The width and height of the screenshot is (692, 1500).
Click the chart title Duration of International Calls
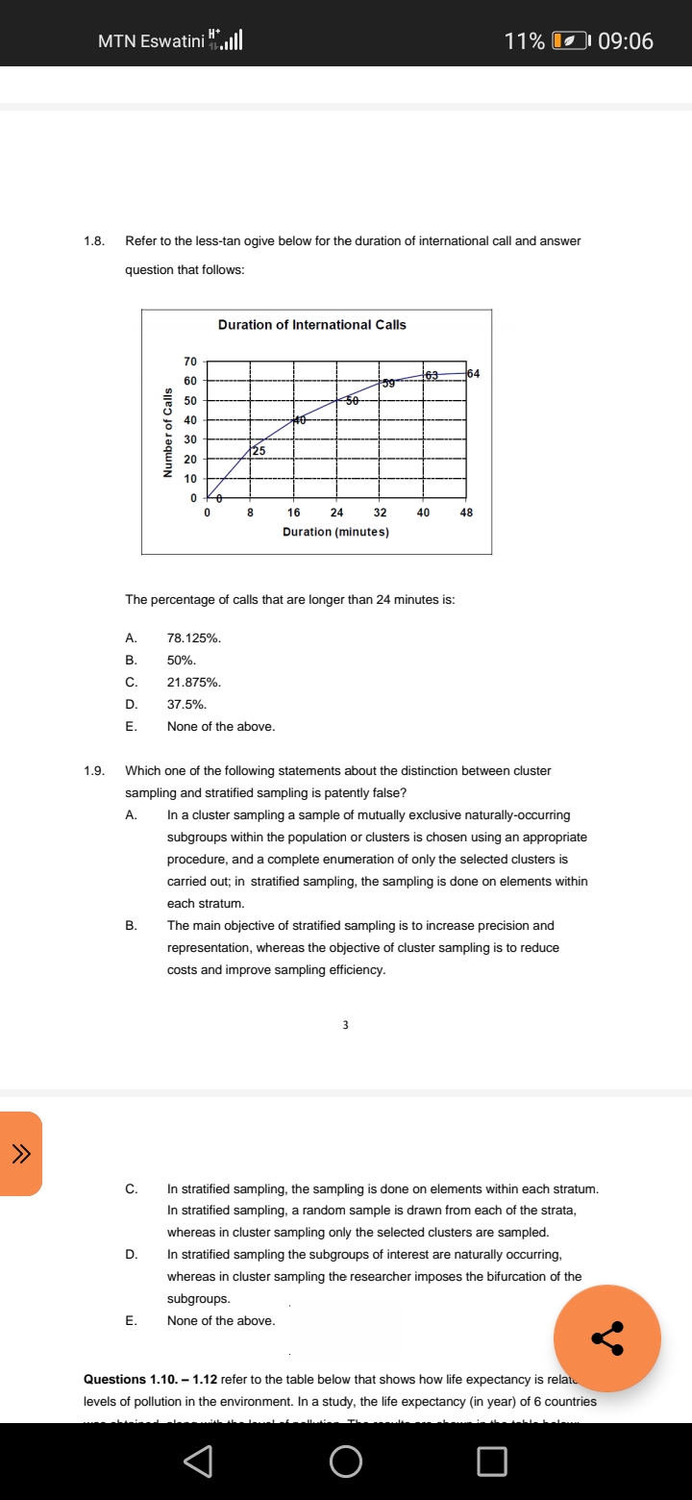[311, 325]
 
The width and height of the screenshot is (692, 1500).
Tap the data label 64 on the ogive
[473, 373]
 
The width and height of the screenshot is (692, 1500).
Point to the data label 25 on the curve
[259, 450]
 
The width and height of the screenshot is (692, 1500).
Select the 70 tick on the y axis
[190, 362]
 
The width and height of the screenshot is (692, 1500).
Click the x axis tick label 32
[380, 513]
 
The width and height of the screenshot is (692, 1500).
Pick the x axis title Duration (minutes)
[335, 532]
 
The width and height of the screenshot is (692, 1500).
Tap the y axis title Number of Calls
[167, 432]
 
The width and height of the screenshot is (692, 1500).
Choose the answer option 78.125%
[194, 637]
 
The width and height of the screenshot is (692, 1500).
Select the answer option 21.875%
[194, 682]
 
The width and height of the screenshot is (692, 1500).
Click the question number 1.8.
[93, 240]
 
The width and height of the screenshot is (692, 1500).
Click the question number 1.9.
[93, 771]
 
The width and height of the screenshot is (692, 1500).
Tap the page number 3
[346, 1025]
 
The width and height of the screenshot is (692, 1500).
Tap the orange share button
[606, 1337]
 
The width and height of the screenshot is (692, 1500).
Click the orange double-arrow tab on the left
[19, 1154]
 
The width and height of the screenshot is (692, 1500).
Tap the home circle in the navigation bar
[346, 1462]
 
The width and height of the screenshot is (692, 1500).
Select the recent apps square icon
[491, 1462]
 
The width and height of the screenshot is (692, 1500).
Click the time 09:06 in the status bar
[625, 40]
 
